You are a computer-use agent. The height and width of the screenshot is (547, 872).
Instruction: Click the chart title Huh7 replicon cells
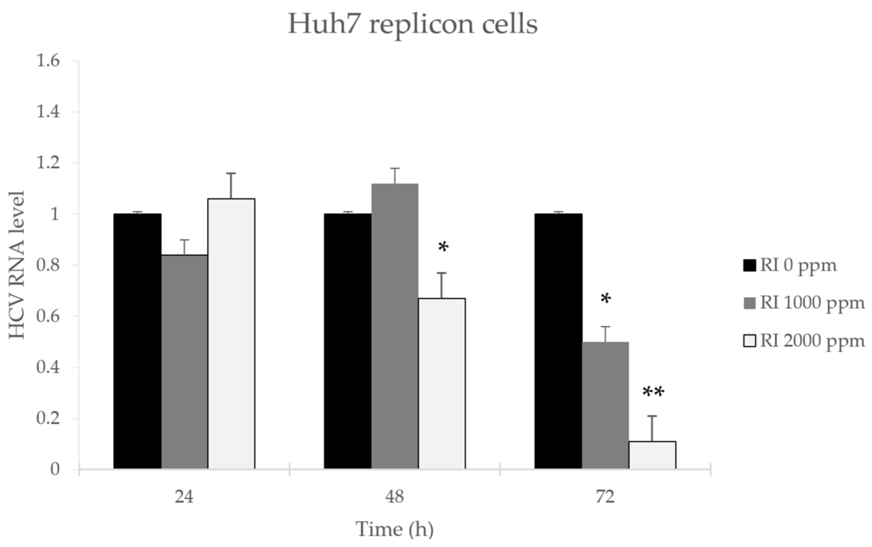(x=412, y=25)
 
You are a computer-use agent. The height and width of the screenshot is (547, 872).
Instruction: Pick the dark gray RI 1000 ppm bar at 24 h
(x=184, y=362)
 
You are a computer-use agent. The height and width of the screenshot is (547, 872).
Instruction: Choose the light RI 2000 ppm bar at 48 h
(x=442, y=383)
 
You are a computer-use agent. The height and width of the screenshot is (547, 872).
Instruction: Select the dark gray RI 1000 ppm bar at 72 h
(x=605, y=405)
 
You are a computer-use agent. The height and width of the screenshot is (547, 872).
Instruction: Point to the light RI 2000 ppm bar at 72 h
(x=652, y=455)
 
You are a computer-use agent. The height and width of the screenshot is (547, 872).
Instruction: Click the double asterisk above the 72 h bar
(x=653, y=393)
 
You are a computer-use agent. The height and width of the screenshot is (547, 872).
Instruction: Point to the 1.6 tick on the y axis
(x=48, y=61)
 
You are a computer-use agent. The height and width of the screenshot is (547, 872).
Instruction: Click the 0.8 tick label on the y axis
(x=48, y=265)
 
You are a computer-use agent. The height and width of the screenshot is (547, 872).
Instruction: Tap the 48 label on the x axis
(x=394, y=497)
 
